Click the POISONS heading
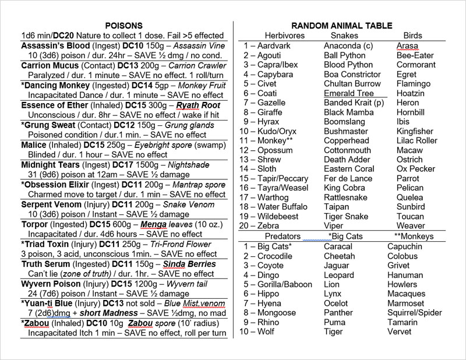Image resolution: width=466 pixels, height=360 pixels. tap(124, 26)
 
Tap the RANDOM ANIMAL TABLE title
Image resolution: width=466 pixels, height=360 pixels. tap(342, 26)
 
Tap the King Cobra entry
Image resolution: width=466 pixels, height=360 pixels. tap(344, 188)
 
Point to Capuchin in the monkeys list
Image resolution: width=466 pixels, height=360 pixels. tap(405, 246)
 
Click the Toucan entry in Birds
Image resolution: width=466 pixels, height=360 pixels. tap(410, 216)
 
